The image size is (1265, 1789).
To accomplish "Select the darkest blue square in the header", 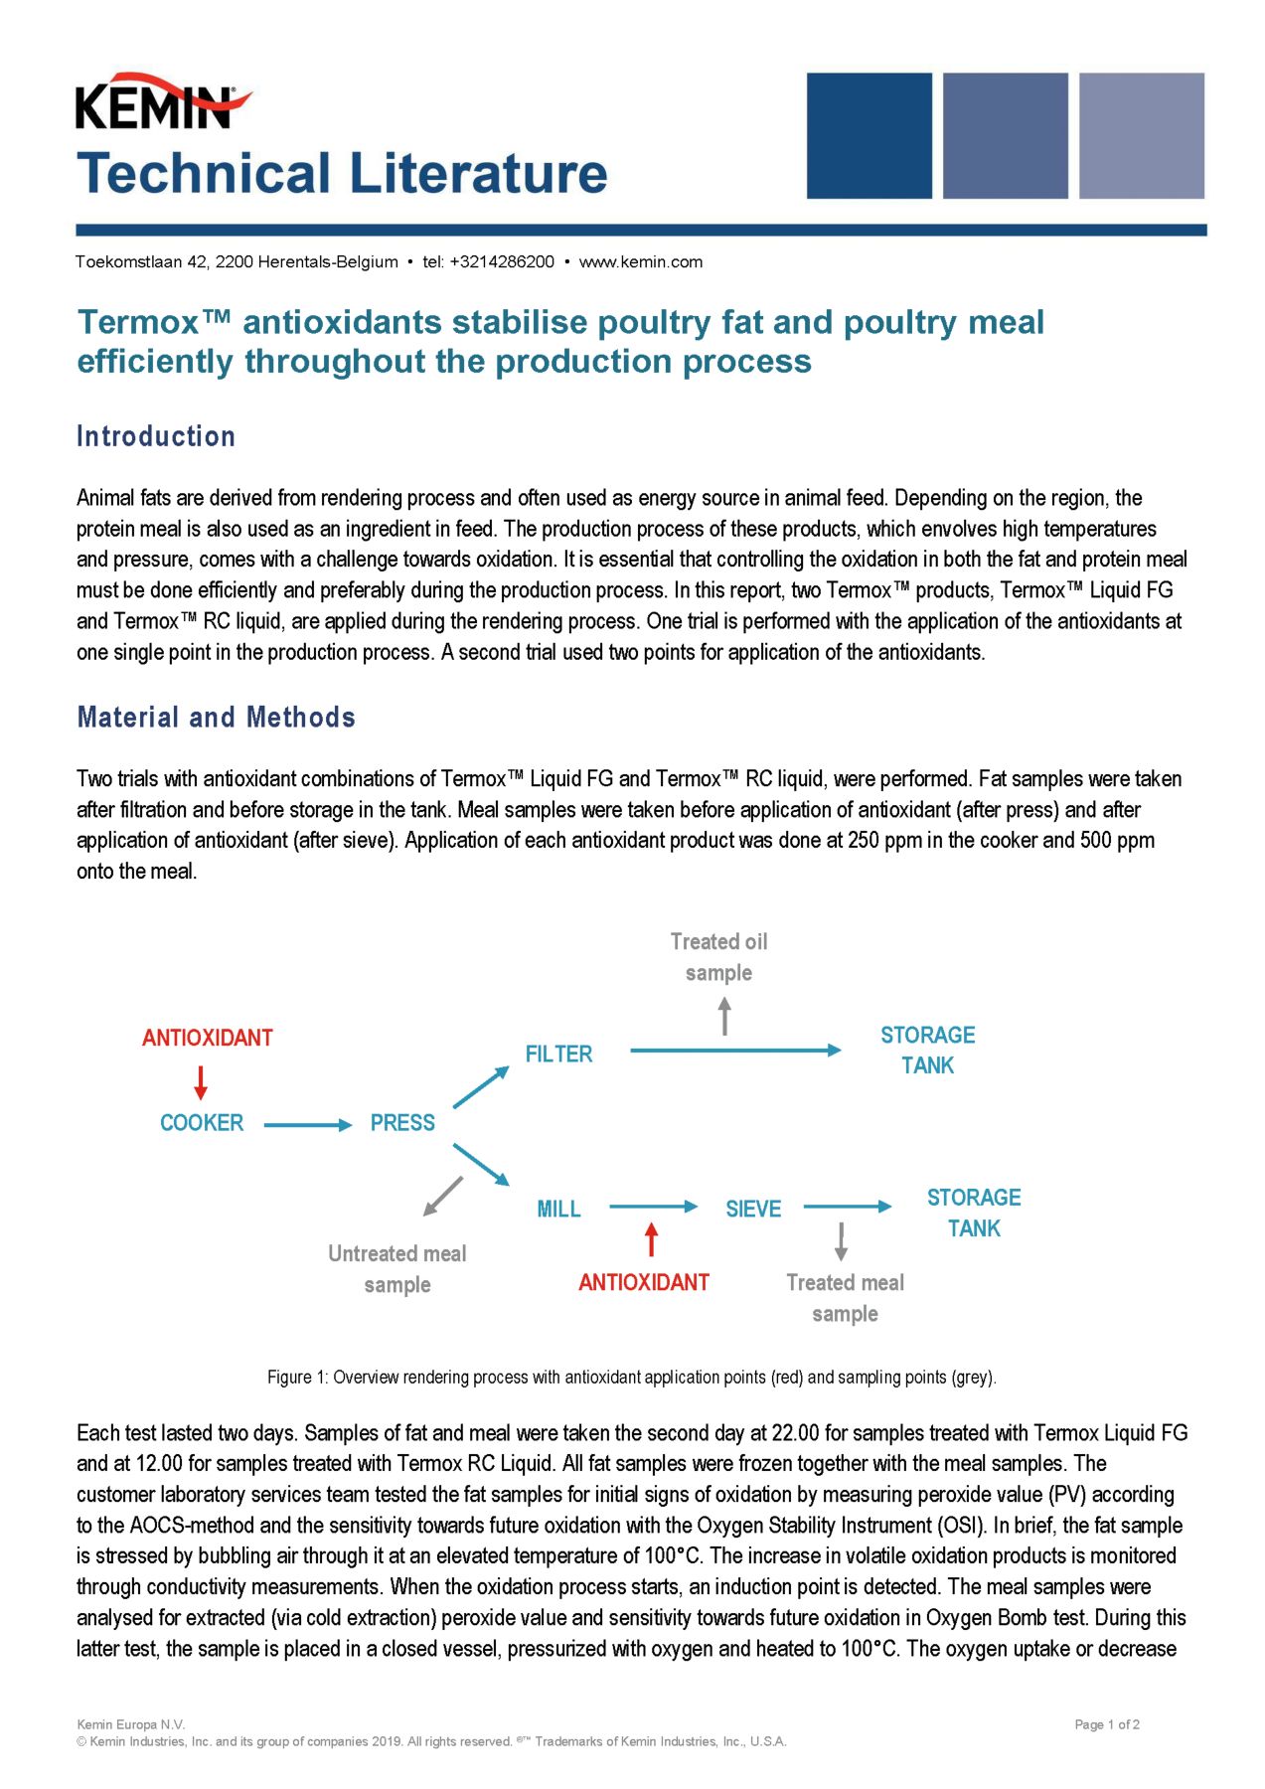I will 869,135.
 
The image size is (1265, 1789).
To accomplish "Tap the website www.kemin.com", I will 640,262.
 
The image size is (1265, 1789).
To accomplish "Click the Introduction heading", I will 156,436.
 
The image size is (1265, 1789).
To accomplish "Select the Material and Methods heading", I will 216,718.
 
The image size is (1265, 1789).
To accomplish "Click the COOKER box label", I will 202,1123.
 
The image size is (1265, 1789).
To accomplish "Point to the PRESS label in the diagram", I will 402,1123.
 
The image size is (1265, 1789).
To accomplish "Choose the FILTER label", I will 558,1055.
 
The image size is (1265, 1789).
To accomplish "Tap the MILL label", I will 558,1210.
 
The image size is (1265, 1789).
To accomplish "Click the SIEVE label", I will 753,1210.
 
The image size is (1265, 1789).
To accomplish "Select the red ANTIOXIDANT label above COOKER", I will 207,1039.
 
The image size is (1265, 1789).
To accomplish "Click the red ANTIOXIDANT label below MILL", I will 644,1283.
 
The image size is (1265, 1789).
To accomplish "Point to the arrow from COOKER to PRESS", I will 308,1125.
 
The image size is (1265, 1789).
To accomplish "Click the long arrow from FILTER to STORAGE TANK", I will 735,1051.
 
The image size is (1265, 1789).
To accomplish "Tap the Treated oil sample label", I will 718,957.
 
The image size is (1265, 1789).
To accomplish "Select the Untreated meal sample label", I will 396,1269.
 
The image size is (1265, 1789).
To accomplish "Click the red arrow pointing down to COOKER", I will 201,1082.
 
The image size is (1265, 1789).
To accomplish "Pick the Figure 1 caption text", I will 631,1378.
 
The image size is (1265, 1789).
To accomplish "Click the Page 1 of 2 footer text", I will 1106,1724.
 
